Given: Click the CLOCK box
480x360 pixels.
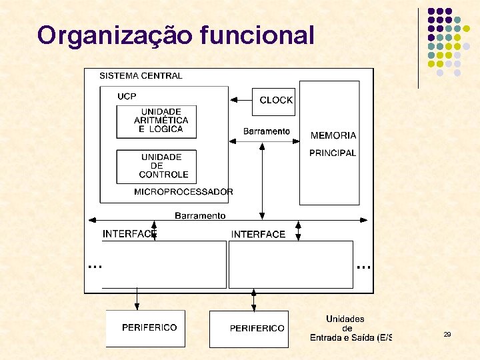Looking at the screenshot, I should click(x=275, y=101).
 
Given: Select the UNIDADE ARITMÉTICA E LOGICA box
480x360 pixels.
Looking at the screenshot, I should click(x=157, y=121).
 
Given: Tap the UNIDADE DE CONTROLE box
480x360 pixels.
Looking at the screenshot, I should click(x=157, y=166).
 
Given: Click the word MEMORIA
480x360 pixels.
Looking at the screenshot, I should click(x=333, y=135).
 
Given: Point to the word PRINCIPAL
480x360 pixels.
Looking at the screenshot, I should click(x=333, y=153).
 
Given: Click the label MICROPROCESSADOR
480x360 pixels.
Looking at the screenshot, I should click(x=183, y=192).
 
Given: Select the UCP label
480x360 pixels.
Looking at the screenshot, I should click(x=127, y=96).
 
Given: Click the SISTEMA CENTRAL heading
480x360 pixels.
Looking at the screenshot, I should click(x=141, y=76).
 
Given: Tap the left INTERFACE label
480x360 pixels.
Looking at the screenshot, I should click(x=129, y=234).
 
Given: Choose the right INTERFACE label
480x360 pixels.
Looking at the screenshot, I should click(x=258, y=234).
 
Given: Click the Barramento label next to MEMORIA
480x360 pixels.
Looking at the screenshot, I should click(x=266, y=131).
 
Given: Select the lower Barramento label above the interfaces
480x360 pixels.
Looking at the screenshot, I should click(x=200, y=215).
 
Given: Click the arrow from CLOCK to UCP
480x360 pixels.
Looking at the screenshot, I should click(x=240, y=100).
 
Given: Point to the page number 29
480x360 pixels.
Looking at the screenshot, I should click(x=447, y=334).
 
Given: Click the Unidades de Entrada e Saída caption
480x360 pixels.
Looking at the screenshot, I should click(x=347, y=328).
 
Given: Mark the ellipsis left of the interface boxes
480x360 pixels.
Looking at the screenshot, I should click(x=95, y=266).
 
